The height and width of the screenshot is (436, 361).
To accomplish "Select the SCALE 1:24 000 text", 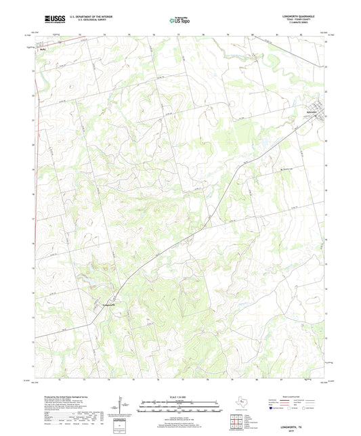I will [x=180, y=396].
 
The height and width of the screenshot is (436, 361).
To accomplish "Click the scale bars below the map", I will [x=180, y=408].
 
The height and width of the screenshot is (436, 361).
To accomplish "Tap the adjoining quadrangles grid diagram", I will [x=236, y=422].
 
